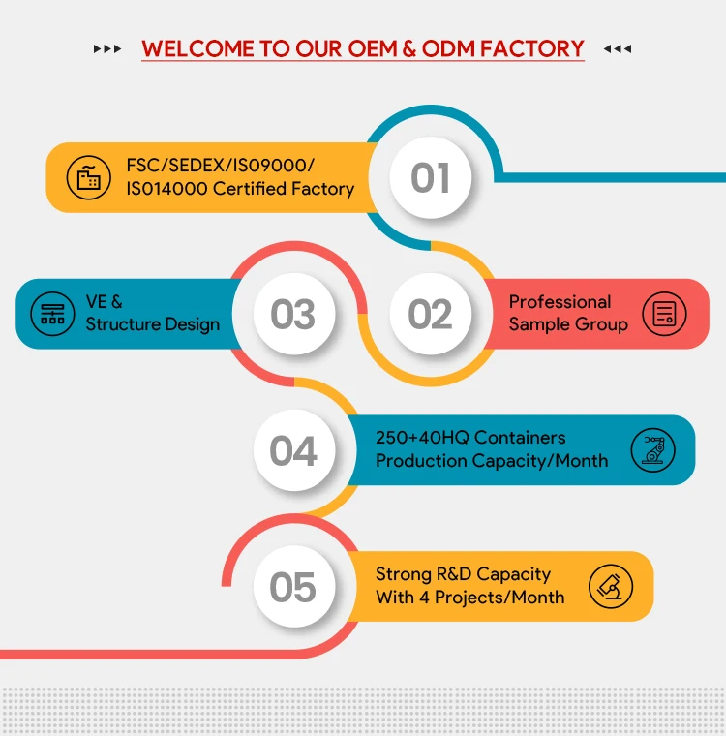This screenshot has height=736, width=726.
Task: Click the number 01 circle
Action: [430, 178]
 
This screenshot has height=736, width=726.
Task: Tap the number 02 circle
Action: [430, 315]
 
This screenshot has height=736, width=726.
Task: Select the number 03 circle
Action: [292, 315]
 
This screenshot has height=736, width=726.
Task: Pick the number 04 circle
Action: [292, 451]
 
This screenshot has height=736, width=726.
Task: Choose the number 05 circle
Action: [292, 588]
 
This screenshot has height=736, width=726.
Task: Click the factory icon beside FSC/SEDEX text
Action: [88, 177]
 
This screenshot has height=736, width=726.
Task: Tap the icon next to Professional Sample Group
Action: [664, 314]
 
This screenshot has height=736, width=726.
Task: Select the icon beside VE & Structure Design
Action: [52, 314]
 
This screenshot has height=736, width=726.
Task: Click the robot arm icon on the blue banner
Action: [651, 450]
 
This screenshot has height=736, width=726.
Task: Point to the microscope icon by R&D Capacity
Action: [611, 586]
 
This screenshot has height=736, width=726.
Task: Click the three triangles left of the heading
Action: [107, 48]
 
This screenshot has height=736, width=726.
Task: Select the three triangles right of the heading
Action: [618, 48]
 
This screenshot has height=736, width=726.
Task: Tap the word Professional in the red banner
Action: [560, 302]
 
